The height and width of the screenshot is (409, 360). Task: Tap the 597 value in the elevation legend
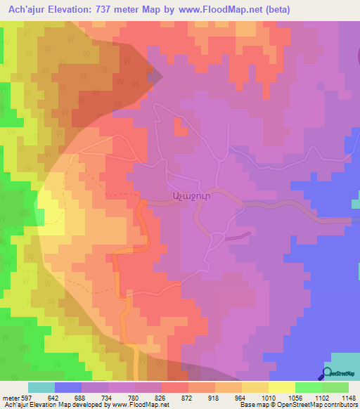coord(25,397)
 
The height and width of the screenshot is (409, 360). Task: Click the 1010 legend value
coord(266,397)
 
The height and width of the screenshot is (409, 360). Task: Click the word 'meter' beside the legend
coord(9,397)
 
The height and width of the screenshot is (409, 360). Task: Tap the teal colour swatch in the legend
coord(41,387)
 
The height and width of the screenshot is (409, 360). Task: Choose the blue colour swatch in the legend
coord(67,387)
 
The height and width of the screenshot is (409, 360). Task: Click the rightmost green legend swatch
coord(335,387)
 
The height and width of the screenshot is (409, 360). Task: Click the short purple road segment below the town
coord(238,235)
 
